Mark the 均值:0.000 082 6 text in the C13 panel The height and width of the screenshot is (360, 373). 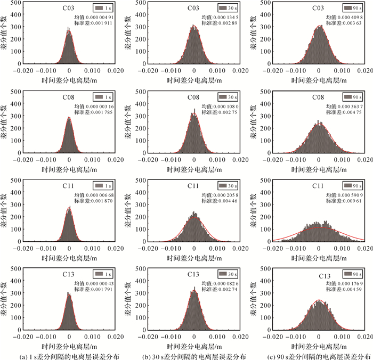point(218,282)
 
